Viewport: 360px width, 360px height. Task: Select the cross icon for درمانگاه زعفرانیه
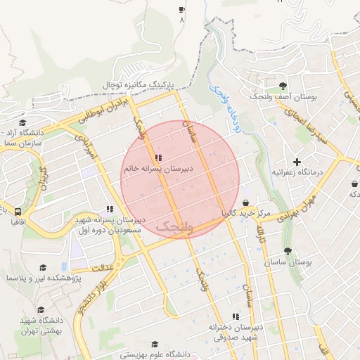(297, 162)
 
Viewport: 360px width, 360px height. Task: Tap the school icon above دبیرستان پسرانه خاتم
(157, 157)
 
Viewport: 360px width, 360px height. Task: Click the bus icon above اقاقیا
(17, 210)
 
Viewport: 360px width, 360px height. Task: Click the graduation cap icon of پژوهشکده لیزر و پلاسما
(44, 267)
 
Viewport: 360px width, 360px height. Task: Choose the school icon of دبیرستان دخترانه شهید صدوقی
(235, 316)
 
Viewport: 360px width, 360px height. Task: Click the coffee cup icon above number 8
(181, 9)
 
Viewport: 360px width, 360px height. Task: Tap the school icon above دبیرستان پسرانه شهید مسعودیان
(109, 209)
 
